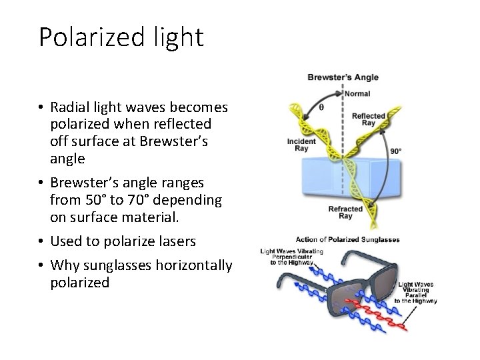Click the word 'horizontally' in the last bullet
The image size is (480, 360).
tap(194, 265)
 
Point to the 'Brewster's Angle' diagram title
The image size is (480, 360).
tap(343, 77)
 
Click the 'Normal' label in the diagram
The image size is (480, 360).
tap(357, 94)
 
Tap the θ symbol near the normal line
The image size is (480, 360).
tap(322, 107)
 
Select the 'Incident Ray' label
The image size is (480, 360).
tap(301, 145)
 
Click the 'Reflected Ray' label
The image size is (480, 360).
tap(368, 120)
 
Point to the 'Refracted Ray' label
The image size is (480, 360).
tap(345, 212)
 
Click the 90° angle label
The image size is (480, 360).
tap(395, 151)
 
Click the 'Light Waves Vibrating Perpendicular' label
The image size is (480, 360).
tap(291, 257)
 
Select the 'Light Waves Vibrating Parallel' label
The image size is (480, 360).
tap(416, 293)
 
